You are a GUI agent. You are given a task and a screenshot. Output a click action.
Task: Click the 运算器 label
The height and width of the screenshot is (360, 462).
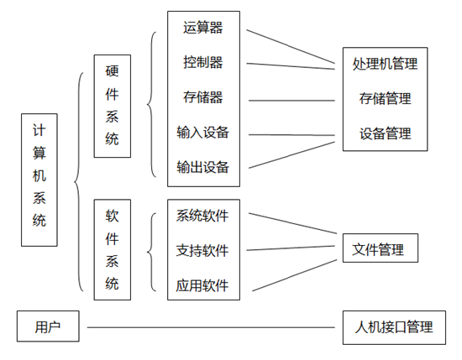point(203,28)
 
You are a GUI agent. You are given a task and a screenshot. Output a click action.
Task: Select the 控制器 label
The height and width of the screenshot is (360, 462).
point(203,62)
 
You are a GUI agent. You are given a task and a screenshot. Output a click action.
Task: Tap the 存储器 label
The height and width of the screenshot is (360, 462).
point(203,97)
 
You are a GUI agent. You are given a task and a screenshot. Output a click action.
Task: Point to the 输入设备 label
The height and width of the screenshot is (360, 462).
point(203,132)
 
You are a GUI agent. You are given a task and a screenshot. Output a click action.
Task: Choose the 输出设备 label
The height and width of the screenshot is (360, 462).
point(203,167)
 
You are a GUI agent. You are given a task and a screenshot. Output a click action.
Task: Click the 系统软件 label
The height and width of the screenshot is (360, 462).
point(202,216)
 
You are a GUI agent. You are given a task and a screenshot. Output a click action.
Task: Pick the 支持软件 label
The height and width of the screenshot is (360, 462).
point(202,251)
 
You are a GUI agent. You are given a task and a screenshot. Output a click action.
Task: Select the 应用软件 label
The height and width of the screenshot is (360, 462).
point(202,285)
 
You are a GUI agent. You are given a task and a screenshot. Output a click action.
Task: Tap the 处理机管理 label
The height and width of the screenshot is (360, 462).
point(385,64)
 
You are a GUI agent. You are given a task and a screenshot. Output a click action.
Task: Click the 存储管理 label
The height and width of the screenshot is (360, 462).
point(385,98)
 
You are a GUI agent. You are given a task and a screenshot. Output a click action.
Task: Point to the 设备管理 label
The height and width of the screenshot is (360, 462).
point(385,133)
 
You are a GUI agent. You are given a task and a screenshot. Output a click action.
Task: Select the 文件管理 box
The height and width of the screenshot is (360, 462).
point(381,248)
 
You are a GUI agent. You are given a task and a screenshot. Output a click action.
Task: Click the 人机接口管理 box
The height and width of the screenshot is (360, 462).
point(394,327)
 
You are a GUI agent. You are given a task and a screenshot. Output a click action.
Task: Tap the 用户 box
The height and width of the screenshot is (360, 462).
point(48,326)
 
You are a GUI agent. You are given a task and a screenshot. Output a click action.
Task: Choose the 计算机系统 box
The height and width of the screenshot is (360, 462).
point(39,180)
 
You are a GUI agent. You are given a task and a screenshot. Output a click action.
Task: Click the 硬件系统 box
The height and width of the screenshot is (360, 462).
point(113,106)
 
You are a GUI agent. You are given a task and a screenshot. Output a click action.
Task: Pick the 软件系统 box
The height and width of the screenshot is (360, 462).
point(113,249)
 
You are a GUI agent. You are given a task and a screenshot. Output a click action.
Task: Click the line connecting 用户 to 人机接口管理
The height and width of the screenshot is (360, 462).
point(211,327)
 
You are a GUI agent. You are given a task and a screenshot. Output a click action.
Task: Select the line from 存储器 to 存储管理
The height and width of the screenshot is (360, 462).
point(291,101)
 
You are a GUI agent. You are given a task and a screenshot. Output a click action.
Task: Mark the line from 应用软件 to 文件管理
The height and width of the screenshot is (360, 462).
point(295,275)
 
